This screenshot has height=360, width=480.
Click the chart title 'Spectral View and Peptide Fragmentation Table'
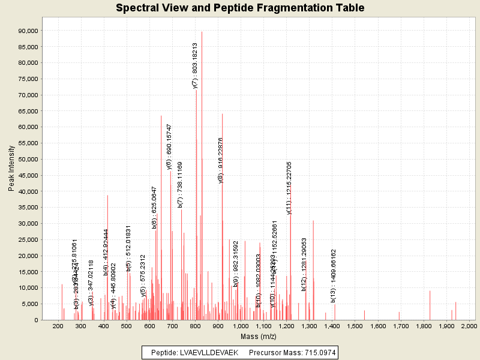point(240,8)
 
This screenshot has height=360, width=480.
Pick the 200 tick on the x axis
point(58,326)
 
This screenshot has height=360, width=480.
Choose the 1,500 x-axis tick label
point(354,326)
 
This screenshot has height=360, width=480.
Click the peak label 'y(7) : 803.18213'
point(195,65)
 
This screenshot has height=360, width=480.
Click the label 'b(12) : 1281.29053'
point(304,265)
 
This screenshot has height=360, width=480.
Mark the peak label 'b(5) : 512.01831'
point(128,249)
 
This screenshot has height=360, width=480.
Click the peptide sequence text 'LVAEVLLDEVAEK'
point(208,352)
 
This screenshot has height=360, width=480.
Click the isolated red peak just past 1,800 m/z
point(430,305)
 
